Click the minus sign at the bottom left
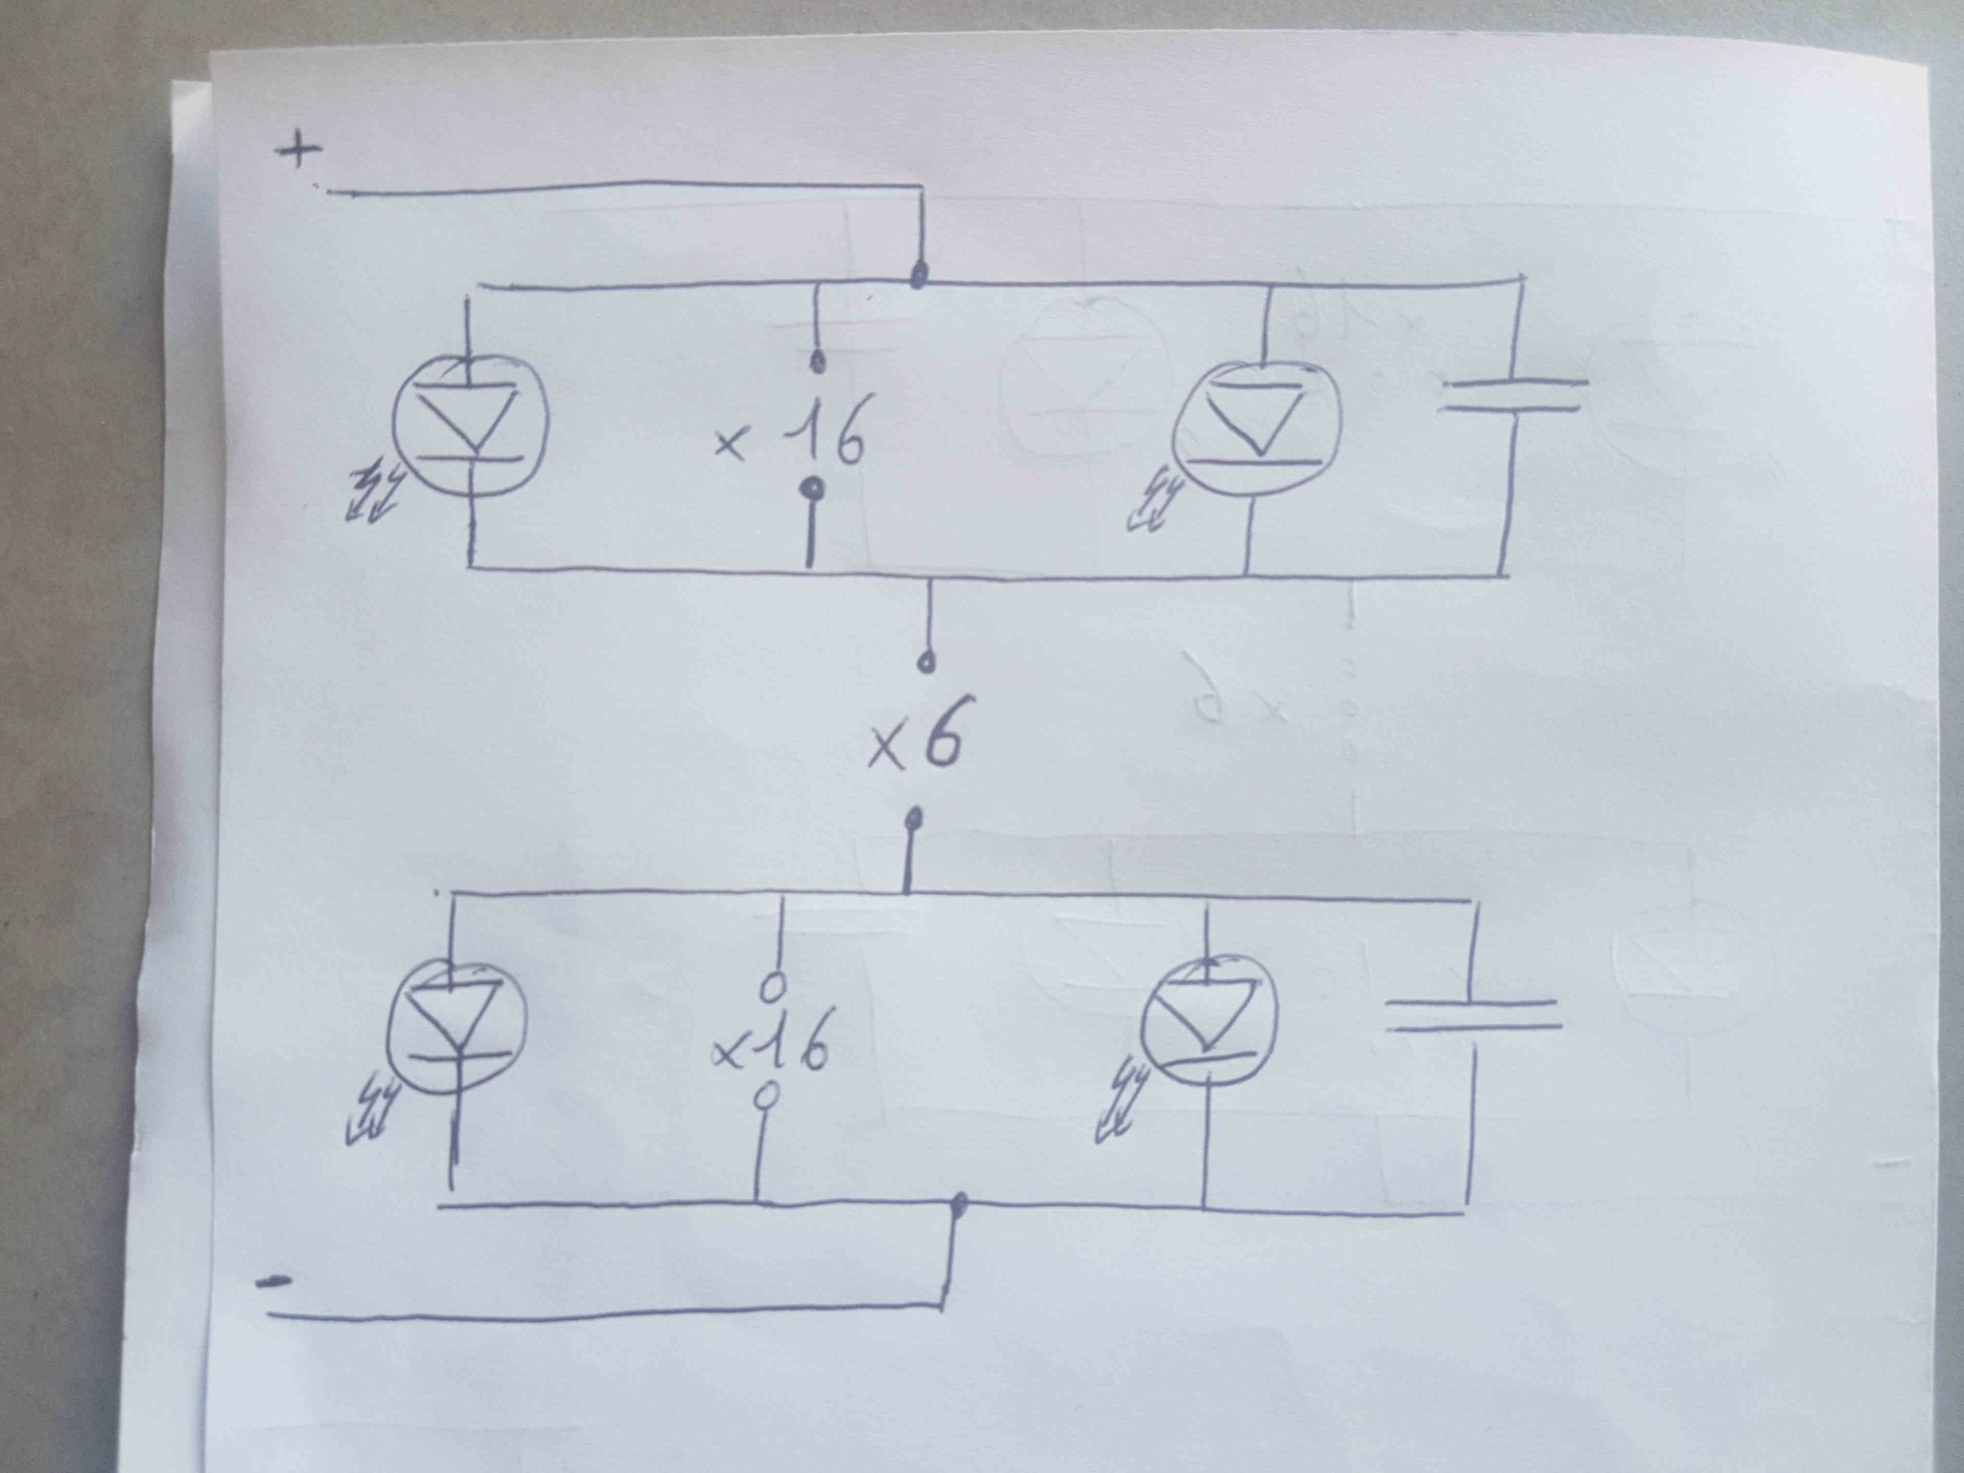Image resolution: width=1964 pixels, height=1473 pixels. [273, 1281]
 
